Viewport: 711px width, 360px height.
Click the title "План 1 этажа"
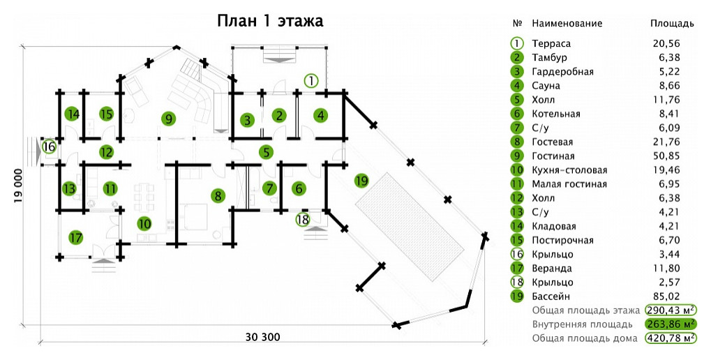(x=269, y=20)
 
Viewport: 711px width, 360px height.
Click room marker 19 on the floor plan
(x=361, y=181)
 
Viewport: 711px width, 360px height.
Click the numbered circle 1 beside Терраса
(x=517, y=44)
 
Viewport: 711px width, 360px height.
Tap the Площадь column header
(x=672, y=24)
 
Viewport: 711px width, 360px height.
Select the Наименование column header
(x=567, y=24)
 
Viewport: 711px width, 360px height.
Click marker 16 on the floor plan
(x=48, y=147)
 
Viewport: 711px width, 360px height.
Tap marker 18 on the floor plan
(x=302, y=219)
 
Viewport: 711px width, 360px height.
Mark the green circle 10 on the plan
(x=144, y=224)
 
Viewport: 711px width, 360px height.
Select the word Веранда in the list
(x=552, y=269)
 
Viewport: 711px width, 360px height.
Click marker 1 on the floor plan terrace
(x=311, y=80)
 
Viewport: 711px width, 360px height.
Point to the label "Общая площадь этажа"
(x=585, y=310)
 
